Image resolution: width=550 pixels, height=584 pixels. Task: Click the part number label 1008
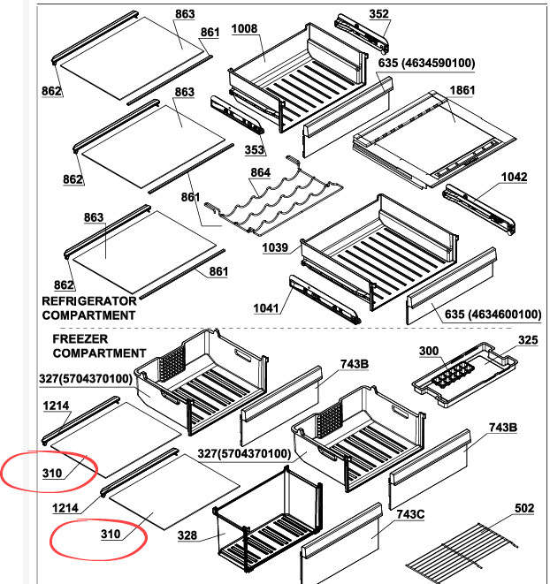pos(244,29)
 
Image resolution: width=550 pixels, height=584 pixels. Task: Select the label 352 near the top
pos(378,14)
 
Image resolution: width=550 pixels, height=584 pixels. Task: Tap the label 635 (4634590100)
pos(426,63)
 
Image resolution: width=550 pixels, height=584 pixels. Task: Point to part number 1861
pos(462,90)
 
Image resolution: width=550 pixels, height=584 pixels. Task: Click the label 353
pos(255,149)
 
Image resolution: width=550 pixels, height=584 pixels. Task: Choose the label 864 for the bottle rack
pos(260,173)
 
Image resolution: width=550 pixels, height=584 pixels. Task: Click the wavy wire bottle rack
pos(274,197)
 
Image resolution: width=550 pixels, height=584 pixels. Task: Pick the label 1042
pos(515,177)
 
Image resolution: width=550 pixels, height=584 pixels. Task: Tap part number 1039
pos(275,247)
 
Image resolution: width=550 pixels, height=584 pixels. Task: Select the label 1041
pos(266,308)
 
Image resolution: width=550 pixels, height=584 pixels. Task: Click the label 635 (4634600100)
pos(493,315)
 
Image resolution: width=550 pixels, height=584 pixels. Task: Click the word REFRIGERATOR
pos(89,301)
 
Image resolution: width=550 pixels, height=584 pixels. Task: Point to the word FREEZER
pos(80,339)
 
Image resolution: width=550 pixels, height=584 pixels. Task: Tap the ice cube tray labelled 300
pos(453,374)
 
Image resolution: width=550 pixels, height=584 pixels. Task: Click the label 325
pos(528,340)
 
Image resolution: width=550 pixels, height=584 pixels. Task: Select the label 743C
pos(410,515)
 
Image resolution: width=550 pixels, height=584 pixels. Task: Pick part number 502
pos(524,508)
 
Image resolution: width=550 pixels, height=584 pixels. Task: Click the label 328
pos(187,535)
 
